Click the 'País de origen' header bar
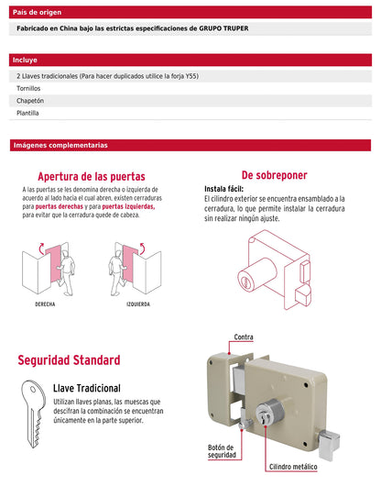(190, 13)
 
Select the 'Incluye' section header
(190, 60)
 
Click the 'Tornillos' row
(28, 88)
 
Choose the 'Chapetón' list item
(30, 101)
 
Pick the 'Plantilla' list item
(28, 114)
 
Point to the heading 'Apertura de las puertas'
(91, 176)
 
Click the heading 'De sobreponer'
(274, 175)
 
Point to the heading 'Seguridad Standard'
(69, 360)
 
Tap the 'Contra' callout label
(244, 337)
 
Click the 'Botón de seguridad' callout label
(221, 451)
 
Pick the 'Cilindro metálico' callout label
(292, 467)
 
